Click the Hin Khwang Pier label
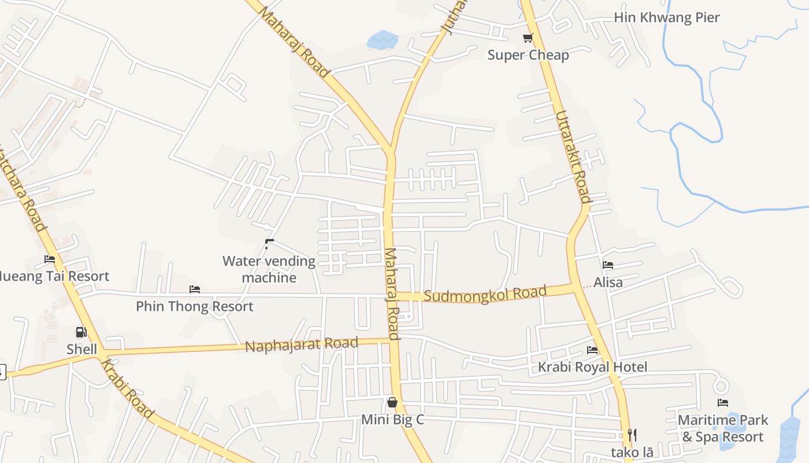click(x=666, y=17)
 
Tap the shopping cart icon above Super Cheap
click(x=528, y=38)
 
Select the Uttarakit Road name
click(x=573, y=156)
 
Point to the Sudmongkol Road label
click(x=485, y=294)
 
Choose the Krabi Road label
click(x=128, y=388)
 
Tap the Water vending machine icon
click(x=269, y=244)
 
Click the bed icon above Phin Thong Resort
click(x=195, y=289)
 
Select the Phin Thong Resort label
click(x=195, y=306)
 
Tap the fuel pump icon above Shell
click(x=81, y=332)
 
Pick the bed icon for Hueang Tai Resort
click(x=50, y=259)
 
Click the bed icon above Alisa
click(x=608, y=265)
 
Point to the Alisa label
click(x=608, y=282)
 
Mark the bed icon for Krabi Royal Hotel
click(x=592, y=350)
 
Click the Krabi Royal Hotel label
click(x=592, y=367)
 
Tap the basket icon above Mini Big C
click(x=392, y=402)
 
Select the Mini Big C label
click(x=392, y=419)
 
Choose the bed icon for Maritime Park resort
click(x=723, y=403)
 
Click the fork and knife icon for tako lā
click(x=632, y=435)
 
